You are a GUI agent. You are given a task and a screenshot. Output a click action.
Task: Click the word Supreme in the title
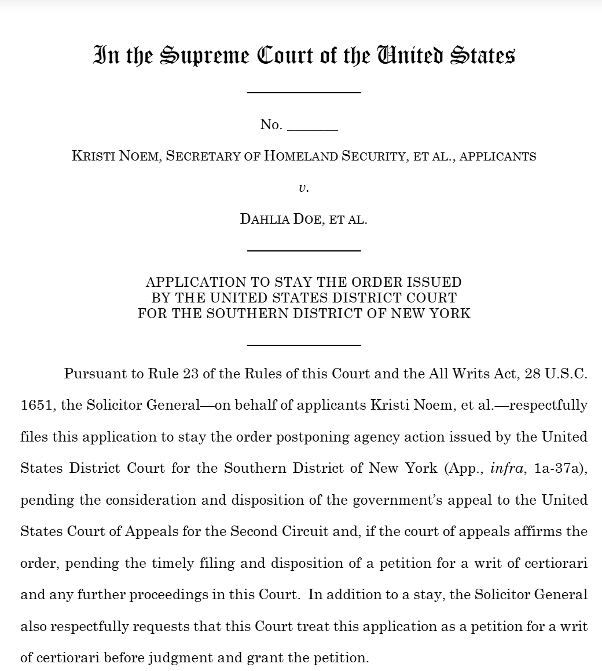[204, 56]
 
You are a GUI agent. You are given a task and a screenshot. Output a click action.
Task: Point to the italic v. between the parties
[303, 188]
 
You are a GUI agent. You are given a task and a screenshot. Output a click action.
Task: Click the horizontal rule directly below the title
[304, 92]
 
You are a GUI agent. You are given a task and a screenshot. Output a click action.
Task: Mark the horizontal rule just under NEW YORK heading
[304, 345]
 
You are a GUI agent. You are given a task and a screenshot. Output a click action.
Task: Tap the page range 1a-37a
[561, 468]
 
